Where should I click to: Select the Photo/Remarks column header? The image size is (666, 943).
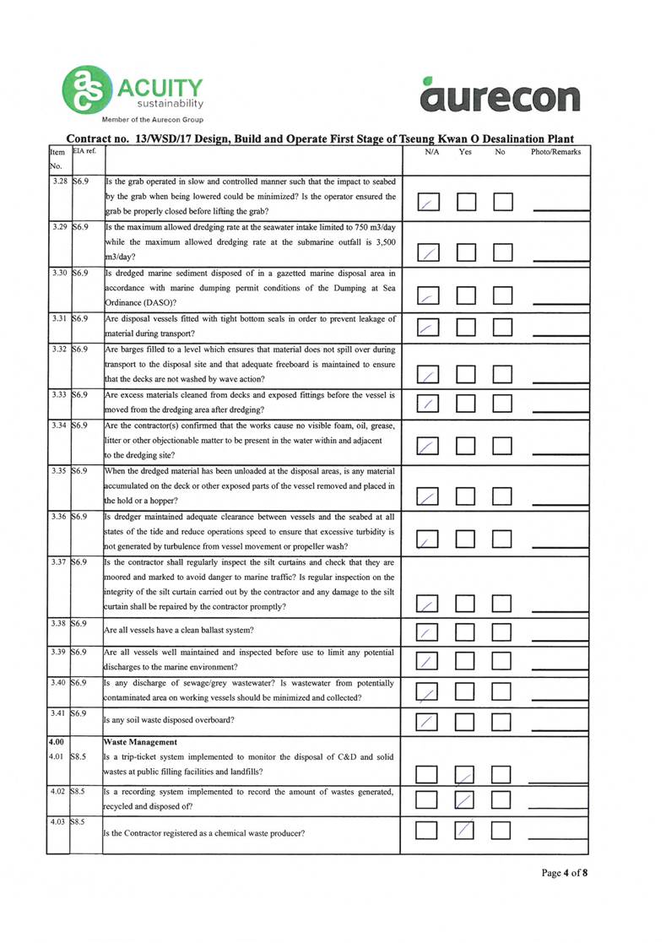pos(555,153)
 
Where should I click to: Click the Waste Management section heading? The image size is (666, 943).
pos(136,742)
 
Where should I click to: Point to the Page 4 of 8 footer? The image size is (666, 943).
pos(564,873)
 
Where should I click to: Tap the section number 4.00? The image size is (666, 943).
pos(56,742)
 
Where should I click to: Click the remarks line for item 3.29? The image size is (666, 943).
pos(560,255)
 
